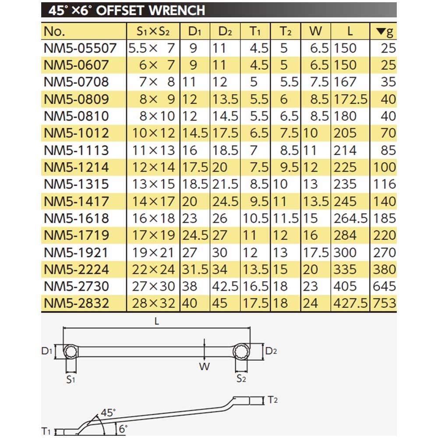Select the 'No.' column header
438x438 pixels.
point(55,32)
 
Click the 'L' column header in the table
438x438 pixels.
point(350,32)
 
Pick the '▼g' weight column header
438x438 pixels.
point(385,32)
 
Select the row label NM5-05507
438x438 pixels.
point(80,48)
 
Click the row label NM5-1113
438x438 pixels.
point(76,150)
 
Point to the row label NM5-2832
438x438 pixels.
point(76,303)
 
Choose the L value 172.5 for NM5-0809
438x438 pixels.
point(350,99)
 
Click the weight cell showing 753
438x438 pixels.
point(384,303)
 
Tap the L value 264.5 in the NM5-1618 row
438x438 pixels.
point(350,218)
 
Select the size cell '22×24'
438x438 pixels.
point(152,269)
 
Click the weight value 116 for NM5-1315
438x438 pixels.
point(384,184)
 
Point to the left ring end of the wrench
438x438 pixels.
point(71,351)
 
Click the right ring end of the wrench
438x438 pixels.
point(240,351)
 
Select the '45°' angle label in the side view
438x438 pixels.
point(108,412)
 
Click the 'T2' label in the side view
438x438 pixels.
point(272,399)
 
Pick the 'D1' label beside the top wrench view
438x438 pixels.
point(47,351)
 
